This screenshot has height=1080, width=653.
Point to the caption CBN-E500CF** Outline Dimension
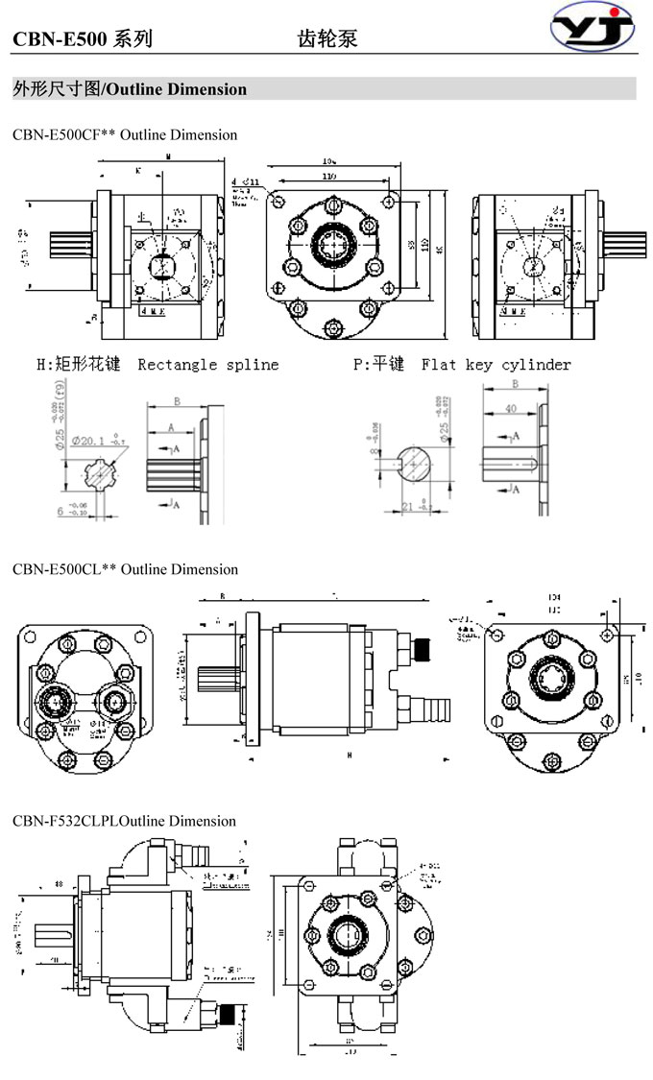(x=125, y=134)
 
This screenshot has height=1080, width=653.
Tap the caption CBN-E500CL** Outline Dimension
(x=125, y=569)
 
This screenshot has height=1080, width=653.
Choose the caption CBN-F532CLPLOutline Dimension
(x=124, y=821)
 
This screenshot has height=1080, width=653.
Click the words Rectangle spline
(x=208, y=365)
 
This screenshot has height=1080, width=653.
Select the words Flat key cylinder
(x=496, y=365)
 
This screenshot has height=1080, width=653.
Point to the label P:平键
(x=379, y=365)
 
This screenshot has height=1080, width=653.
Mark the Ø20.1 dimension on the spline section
(x=92, y=441)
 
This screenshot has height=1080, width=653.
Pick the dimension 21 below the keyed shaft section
(x=407, y=506)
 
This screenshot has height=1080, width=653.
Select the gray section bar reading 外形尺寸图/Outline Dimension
(x=324, y=89)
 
